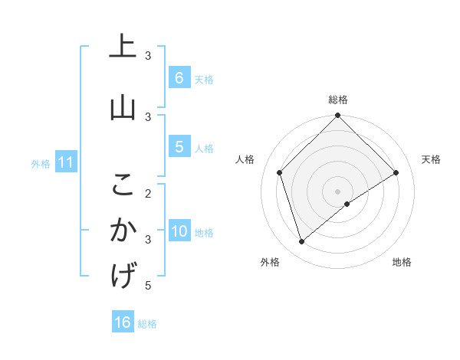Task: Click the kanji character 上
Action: click(x=123, y=47)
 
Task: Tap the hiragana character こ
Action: click(x=123, y=184)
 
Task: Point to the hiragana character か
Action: click(x=123, y=231)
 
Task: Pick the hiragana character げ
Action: click(x=123, y=277)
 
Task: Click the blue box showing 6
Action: click(x=179, y=77)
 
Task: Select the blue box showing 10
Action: click(x=179, y=231)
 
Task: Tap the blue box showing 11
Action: click(x=66, y=162)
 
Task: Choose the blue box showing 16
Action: click(x=123, y=322)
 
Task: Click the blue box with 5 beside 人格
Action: click(x=179, y=147)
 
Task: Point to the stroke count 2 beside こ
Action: click(x=149, y=192)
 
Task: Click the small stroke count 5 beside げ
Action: click(x=149, y=286)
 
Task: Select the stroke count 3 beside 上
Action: click(x=149, y=55)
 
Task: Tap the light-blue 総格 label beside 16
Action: click(x=147, y=324)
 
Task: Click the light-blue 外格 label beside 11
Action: click(x=41, y=163)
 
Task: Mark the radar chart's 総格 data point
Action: click(x=337, y=116)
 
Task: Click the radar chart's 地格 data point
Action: click(x=347, y=204)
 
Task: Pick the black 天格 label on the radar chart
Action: click(x=431, y=159)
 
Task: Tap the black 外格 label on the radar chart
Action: click(x=270, y=262)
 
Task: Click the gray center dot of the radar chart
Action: click(x=337, y=191)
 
